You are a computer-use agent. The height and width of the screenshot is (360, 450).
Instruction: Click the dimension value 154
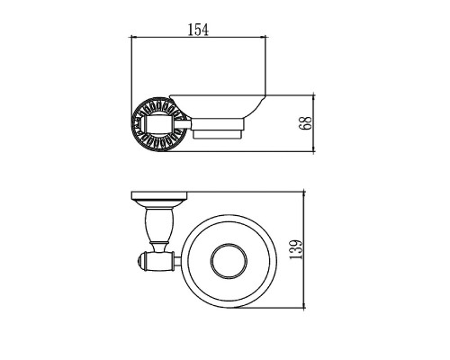tap(198, 30)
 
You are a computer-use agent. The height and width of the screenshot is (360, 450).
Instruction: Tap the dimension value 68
tap(305, 123)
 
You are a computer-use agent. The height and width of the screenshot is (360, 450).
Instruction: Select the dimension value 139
tap(295, 249)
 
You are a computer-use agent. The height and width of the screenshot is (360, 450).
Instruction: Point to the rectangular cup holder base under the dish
tap(219, 129)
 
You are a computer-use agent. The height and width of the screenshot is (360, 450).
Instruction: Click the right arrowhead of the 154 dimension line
tap(263, 37)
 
